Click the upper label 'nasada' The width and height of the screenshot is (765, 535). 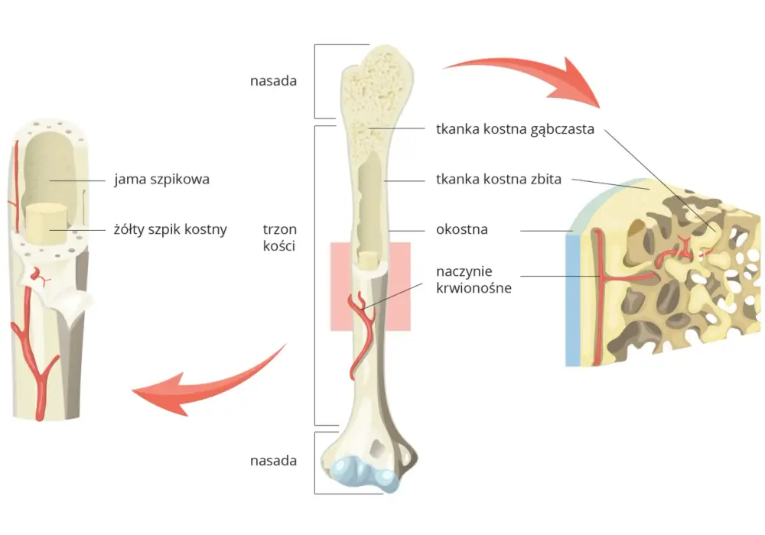pyautogui.click(x=273, y=80)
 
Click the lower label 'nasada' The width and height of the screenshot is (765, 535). pyautogui.click(x=273, y=460)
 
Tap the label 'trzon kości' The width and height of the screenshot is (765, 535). pyautogui.click(x=279, y=237)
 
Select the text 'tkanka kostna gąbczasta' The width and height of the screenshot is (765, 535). pyautogui.click(x=515, y=129)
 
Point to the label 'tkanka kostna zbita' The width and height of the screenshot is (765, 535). pyautogui.click(x=499, y=180)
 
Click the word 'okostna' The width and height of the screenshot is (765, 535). pyautogui.click(x=462, y=229)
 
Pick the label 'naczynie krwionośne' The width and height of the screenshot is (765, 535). pyautogui.click(x=474, y=279)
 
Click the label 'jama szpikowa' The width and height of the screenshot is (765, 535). pyautogui.click(x=162, y=180)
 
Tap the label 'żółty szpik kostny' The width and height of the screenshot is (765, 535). pyautogui.click(x=171, y=229)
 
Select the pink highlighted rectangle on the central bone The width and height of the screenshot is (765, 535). pyautogui.click(x=370, y=287)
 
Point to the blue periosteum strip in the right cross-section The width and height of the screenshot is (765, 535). pyautogui.click(x=572, y=299)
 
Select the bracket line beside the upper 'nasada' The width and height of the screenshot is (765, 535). pyautogui.click(x=315, y=81)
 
